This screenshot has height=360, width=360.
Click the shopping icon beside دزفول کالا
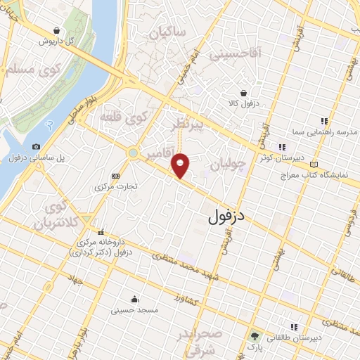pos(243,93)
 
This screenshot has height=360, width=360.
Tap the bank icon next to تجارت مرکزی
pos(116,176)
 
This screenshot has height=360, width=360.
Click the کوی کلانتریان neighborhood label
pos(58,217)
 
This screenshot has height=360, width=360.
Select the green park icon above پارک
pos(254,336)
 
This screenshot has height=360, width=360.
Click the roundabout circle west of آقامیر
pos(133,152)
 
